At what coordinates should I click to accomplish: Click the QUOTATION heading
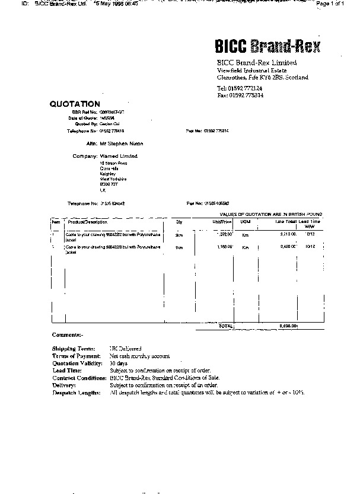coord(75,104)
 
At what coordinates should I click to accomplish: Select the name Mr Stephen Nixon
coord(122,144)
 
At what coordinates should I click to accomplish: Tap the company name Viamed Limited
coord(119,156)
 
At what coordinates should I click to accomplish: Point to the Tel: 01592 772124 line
coord(240,88)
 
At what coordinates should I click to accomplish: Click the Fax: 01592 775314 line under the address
coord(240,95)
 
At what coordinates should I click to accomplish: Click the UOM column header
coord(244,221)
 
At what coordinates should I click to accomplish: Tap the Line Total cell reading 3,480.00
coord(288,247)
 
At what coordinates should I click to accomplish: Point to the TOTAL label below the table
coord(226,326)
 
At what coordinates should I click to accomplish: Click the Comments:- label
coord(68,335)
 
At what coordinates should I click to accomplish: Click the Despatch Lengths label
coord(77,393)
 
